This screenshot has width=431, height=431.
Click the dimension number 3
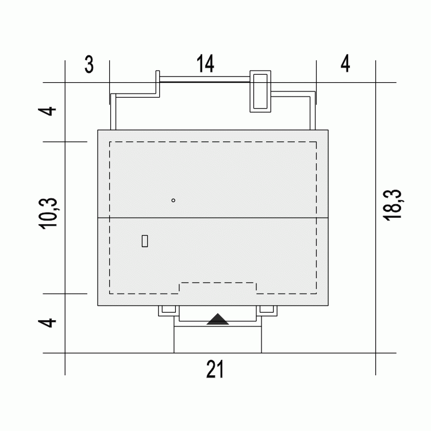(89, 64)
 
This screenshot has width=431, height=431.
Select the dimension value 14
(205, 64)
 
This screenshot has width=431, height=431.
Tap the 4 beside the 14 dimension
(345, 63)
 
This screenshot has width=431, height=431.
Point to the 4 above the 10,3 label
(47, 111)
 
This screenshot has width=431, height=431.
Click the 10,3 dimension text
(48, 213)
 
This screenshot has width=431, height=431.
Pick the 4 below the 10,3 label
(47, 323)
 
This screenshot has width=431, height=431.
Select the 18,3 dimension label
(392, 205)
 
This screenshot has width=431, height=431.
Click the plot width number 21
(215, 369)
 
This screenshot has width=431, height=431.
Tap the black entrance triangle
(218, 320)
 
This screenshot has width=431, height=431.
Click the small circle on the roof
(173, 201)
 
